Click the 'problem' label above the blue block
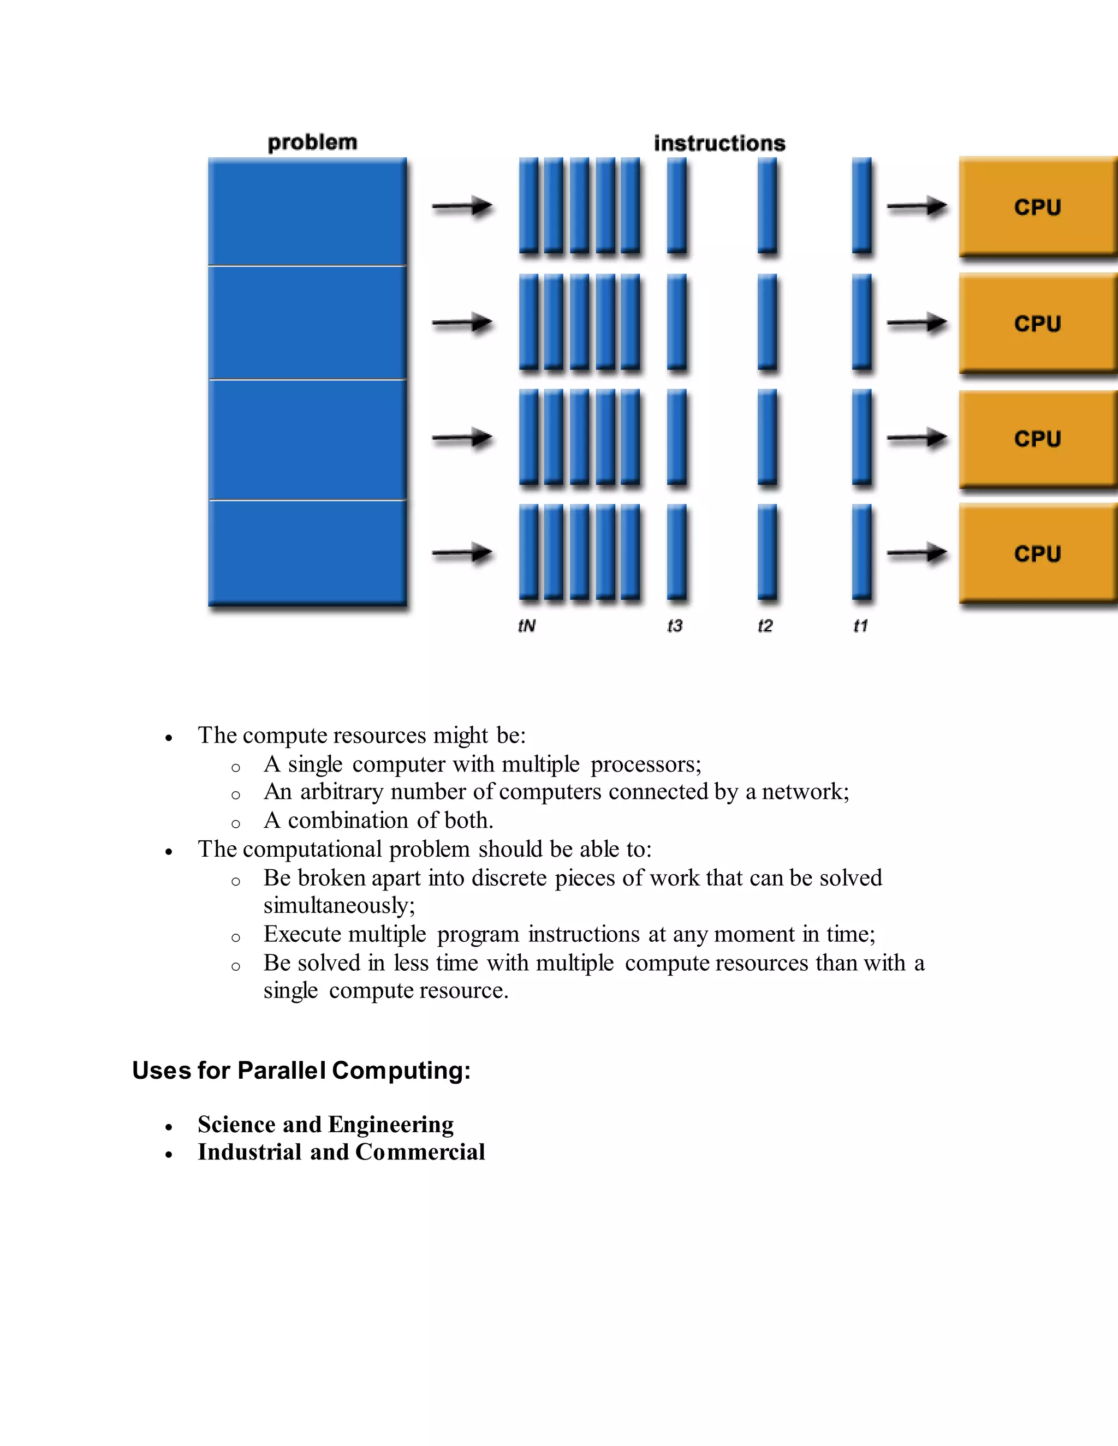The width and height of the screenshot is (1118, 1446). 312,142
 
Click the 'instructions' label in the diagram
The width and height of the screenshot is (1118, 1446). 719,143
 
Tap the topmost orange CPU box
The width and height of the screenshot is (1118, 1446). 1037,207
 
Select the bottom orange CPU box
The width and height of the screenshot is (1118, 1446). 1037,553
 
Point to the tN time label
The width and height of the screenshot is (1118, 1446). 527,626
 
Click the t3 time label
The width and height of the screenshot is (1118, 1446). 675,626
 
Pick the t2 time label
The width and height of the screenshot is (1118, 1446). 765,626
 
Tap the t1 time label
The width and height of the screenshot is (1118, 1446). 860,626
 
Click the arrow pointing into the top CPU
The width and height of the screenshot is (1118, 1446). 917,207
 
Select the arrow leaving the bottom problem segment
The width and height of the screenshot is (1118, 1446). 462,552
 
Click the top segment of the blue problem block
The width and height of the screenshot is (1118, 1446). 307,211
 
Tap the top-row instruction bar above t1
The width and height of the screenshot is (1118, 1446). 861,205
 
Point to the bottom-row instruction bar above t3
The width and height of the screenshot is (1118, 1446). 676,552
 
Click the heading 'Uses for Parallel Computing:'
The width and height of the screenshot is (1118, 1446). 301,1071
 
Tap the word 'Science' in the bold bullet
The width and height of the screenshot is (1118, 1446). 236,1124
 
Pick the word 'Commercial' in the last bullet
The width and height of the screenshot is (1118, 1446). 420,1152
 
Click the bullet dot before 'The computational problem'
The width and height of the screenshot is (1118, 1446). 169,851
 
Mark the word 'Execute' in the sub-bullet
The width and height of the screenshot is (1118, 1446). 302,934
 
